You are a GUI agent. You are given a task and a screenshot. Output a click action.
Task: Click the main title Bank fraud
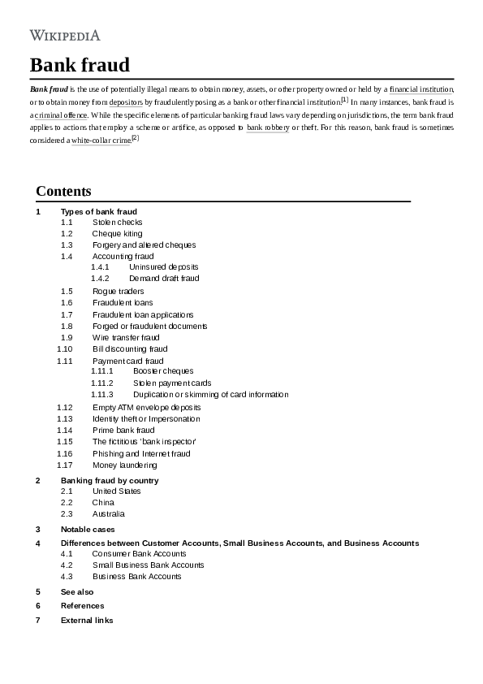coord(80,65)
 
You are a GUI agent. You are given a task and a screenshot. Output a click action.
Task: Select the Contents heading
coord(63,191)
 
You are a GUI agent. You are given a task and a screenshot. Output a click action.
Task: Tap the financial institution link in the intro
coord(421,88)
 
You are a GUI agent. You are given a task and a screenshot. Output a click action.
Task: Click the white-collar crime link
coord(101,141)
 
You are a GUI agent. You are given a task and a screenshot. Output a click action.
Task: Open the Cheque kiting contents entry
coord(117,233)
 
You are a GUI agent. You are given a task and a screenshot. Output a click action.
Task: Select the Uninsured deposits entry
coord(163,266)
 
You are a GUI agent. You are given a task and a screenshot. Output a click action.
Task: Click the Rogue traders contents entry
coord(118,291)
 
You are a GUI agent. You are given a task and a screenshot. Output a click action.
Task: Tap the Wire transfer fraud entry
coord(126,337)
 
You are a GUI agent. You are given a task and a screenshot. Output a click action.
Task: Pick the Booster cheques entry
coord(163,370)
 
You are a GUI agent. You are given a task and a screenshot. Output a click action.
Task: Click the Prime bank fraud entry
coord(123,430)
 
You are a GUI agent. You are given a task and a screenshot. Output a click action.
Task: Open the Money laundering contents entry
coord(124,465)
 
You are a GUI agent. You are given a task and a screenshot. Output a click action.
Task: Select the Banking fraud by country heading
coord(110,480)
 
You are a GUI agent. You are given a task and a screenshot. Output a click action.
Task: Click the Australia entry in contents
coord(108,513)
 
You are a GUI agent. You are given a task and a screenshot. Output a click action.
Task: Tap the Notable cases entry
coord(87,529)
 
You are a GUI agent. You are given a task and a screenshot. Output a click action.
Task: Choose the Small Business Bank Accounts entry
coord(148,565)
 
